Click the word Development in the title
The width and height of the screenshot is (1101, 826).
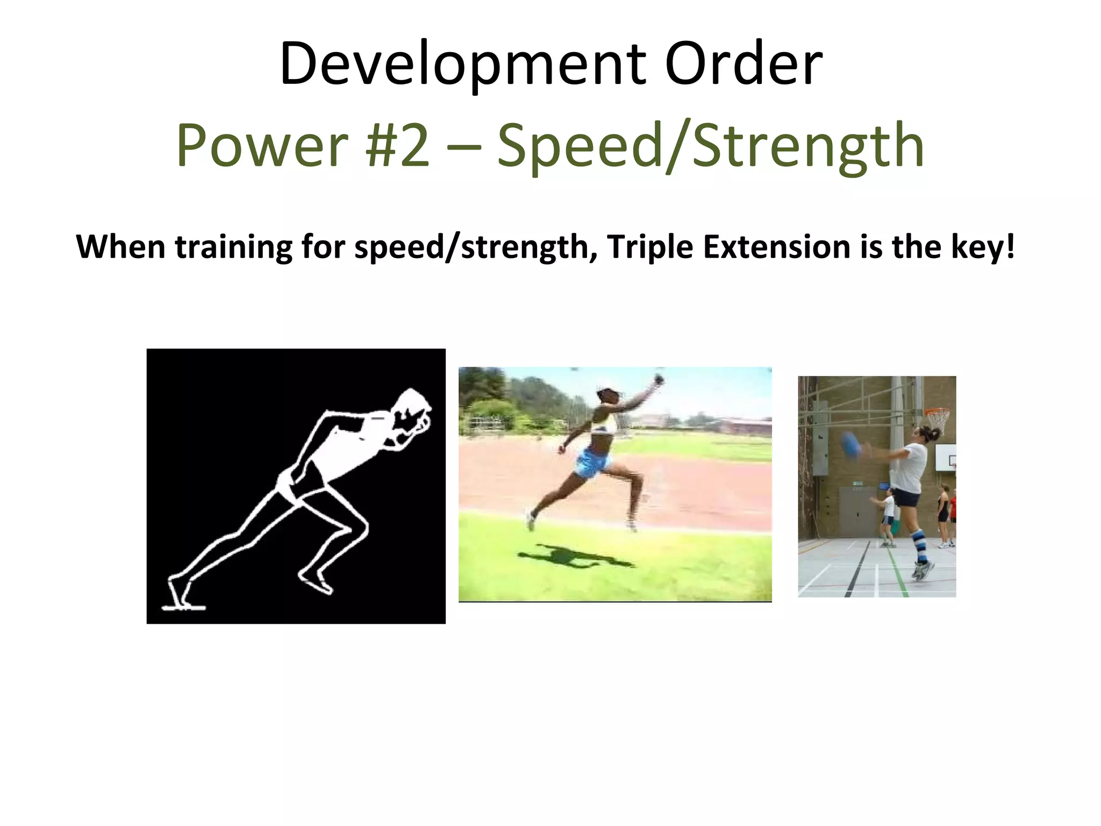coord(462,65)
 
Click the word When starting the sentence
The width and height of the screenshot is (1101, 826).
coord(120,247)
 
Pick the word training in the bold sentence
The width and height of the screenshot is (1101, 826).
coord(233,247)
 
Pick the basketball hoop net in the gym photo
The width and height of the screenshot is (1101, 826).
coord(937,419)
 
